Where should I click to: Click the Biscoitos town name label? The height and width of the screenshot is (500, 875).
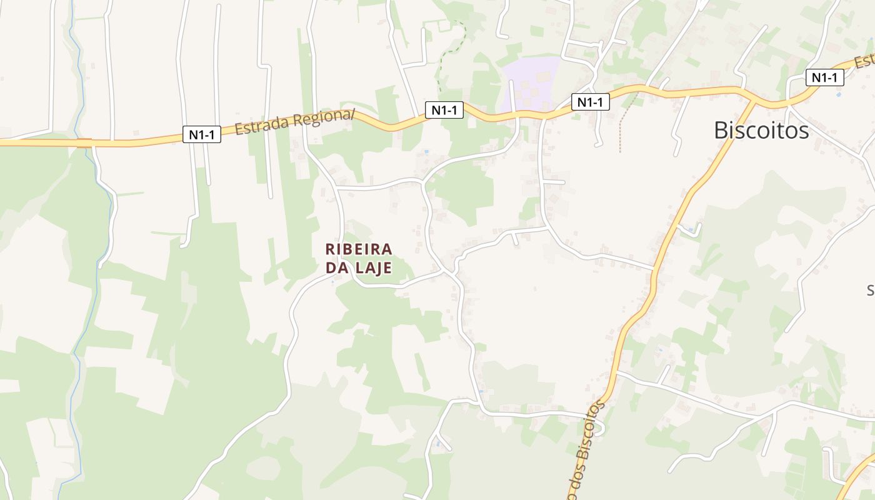[x=761, y=130]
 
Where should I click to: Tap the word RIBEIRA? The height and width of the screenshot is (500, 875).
[x=359, y=249]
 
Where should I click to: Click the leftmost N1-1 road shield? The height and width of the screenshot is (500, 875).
[x=202, y=134]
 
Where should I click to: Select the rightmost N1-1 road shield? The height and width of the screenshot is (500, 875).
[x=825, y=77]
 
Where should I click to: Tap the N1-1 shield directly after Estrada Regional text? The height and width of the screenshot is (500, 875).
[x=444, y=110]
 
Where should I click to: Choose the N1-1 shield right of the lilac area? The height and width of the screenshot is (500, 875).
[x=590, y=102]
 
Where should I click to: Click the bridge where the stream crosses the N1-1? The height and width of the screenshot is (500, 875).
[x=84, y=142]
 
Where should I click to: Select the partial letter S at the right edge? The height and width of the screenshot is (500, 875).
[x=871, y=290]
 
